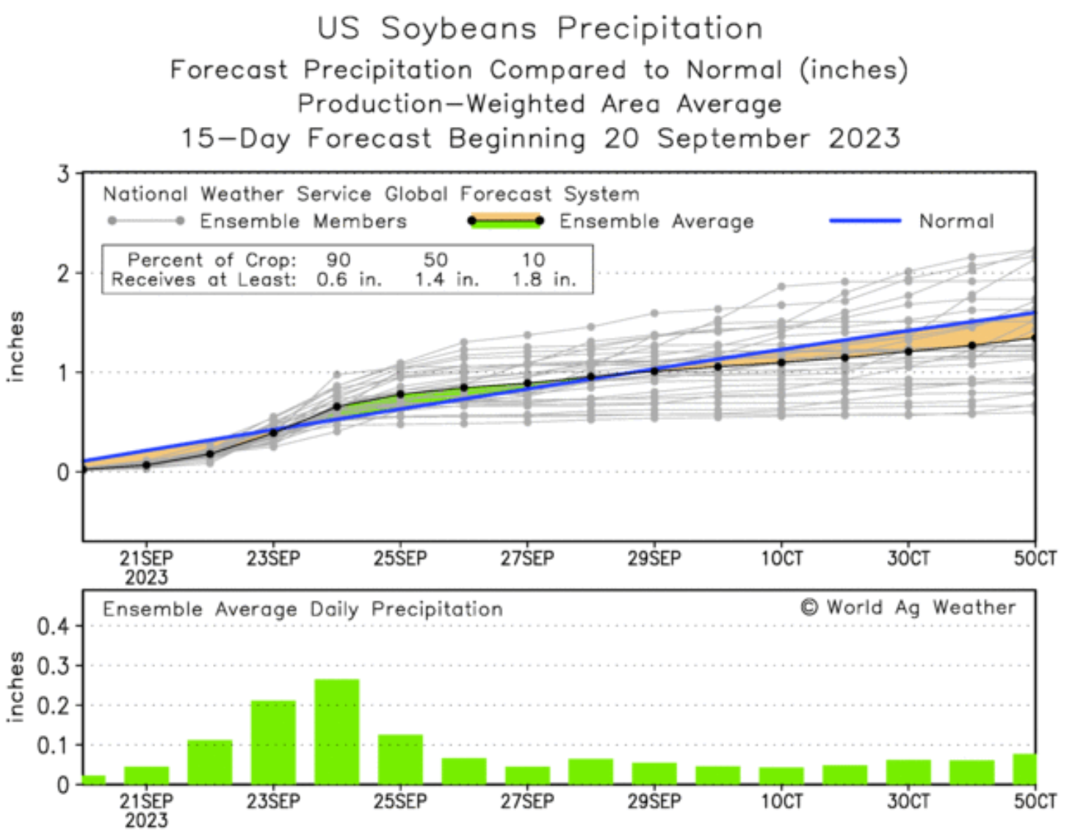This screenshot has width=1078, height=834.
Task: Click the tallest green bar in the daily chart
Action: pos(337,731)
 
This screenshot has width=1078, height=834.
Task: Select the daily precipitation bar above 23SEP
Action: pos(273,742)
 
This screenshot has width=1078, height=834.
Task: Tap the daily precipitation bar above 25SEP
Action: pos(400,759)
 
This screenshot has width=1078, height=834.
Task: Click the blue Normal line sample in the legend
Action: pos(864,220)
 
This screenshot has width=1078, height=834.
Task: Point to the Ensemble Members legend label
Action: pos(303,221)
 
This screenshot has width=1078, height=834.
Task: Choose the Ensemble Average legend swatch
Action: pos(506,220)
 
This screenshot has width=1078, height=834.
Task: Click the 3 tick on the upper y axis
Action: pos(63,174)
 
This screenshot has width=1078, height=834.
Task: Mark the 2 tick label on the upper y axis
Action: pos(63,274)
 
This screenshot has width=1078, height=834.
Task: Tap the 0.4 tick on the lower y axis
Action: pos(53,627)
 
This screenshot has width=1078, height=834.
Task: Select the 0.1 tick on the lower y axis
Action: pos(53,745)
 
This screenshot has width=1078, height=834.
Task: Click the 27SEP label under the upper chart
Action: pos(527,559)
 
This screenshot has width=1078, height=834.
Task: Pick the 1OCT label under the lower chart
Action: pos(781,801)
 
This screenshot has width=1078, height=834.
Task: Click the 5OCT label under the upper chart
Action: pos(1035,559)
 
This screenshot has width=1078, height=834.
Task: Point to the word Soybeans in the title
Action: pos(459,29)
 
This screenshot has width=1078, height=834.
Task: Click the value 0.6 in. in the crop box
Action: pos(349,280)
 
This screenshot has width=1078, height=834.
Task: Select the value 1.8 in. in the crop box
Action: pos(543,280)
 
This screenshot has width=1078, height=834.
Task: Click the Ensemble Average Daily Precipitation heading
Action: pos(303,609)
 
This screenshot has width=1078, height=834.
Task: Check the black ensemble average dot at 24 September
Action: pos(337,406)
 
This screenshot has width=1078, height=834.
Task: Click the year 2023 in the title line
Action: pos(864,138)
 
